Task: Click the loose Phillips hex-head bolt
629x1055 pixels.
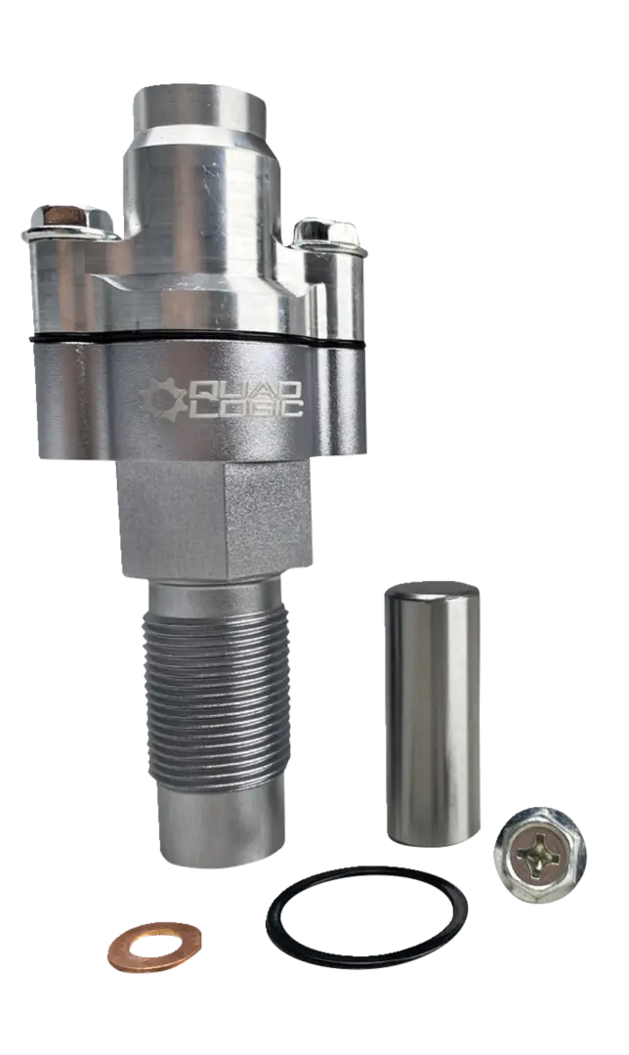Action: pos(539,855)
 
